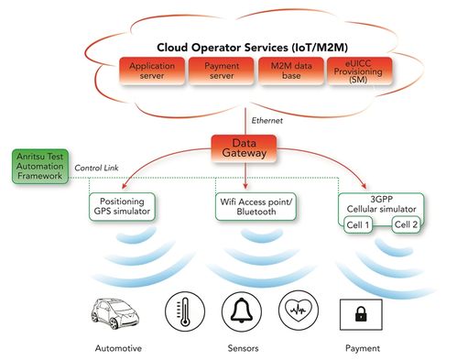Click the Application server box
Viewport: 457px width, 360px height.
click(150, 71)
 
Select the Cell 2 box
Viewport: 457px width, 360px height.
click(408, 224)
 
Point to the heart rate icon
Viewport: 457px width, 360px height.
click(299, 312)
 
